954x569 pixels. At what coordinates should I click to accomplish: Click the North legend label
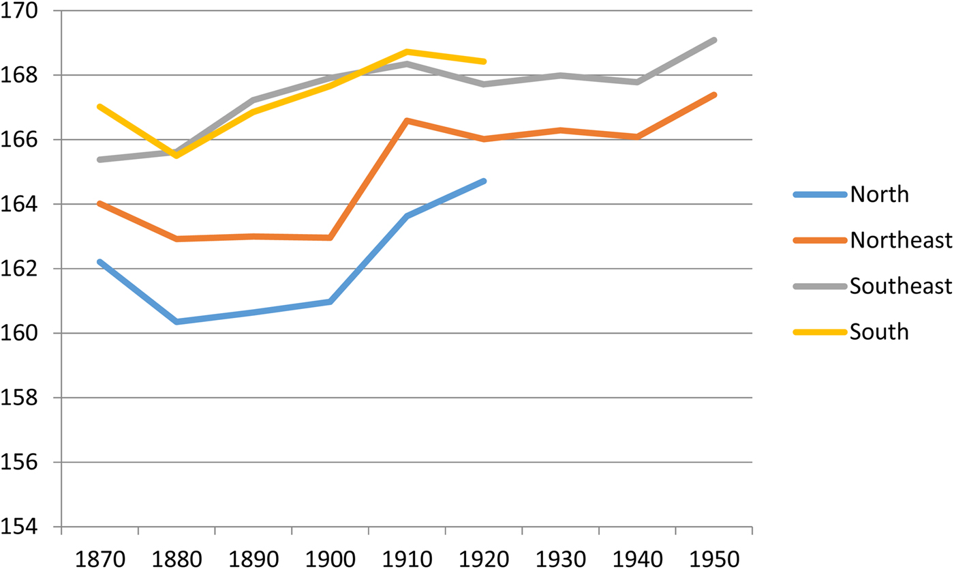coord(879,194)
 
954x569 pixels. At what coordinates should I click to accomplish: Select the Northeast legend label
coord(899,240)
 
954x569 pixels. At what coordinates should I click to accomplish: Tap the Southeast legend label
coord(899,286)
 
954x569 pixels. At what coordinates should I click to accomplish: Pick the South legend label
coord(879,332)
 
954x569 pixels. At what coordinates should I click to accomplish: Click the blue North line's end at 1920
coord(484,181)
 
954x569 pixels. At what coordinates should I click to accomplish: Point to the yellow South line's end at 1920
coord(484,61)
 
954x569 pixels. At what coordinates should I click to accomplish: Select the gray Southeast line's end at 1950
coord(714,40)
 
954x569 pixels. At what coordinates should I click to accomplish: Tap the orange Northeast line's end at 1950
coord(714,95)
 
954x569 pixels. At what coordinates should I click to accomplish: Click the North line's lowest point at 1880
coord(176,321)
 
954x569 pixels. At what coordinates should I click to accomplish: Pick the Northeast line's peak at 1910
coord(407,121)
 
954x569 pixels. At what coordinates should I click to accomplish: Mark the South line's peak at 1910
coord(407,52)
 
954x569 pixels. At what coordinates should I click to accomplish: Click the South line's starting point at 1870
coord(99,106)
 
